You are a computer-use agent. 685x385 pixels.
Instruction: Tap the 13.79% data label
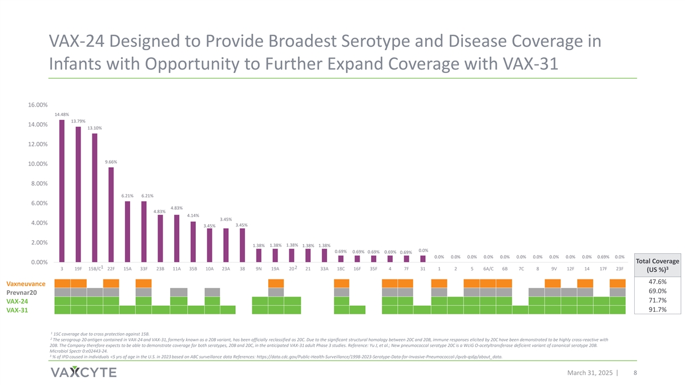tap(78, 121)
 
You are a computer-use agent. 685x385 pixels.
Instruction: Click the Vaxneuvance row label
tap(26, 284)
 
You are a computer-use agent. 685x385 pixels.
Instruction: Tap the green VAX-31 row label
tap(18, 310)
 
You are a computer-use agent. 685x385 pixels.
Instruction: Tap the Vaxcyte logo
tap(83, 372)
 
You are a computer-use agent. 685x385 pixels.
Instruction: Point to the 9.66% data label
tap(111, 162)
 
